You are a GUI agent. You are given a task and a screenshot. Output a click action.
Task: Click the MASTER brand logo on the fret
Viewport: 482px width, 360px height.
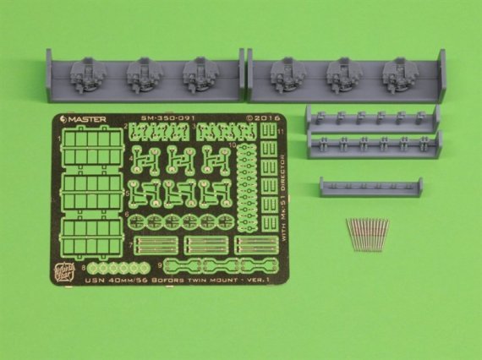(82, 120)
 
